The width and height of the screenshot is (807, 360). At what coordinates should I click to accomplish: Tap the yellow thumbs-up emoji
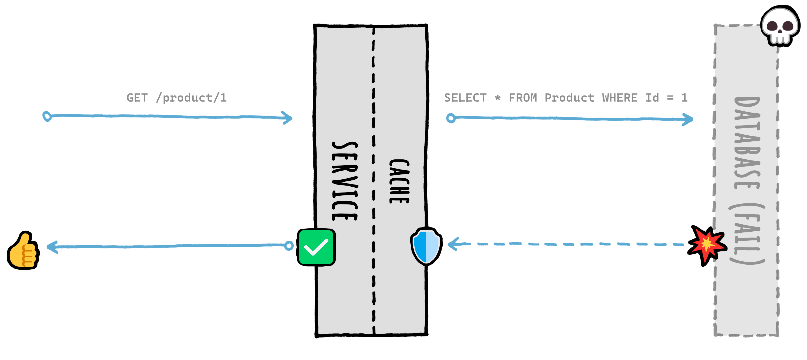coord(24,251)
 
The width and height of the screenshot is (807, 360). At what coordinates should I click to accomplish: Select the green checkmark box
coord(316,247)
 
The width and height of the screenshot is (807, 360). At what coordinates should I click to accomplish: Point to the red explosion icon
coord(707,245)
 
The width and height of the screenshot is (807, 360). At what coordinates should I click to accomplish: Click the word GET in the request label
coord(137,98)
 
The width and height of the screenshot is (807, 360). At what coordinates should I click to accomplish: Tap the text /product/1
coord(191,98)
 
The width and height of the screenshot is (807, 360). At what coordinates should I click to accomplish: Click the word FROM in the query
coord(523,98)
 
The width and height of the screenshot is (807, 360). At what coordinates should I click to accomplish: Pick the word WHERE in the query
coord(620,98)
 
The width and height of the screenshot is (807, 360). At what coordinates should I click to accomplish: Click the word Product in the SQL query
coord(569,98)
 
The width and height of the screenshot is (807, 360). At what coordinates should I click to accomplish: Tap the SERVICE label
coord(344,181)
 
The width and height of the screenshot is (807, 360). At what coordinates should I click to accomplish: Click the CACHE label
coord(399,181)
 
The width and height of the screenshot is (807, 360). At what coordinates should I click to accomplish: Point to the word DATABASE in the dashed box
coord(747,143)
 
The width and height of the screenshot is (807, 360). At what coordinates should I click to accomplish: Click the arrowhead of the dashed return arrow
coord(453,244)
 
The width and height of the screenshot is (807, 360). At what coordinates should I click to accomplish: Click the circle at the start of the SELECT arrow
coord(451,118)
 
